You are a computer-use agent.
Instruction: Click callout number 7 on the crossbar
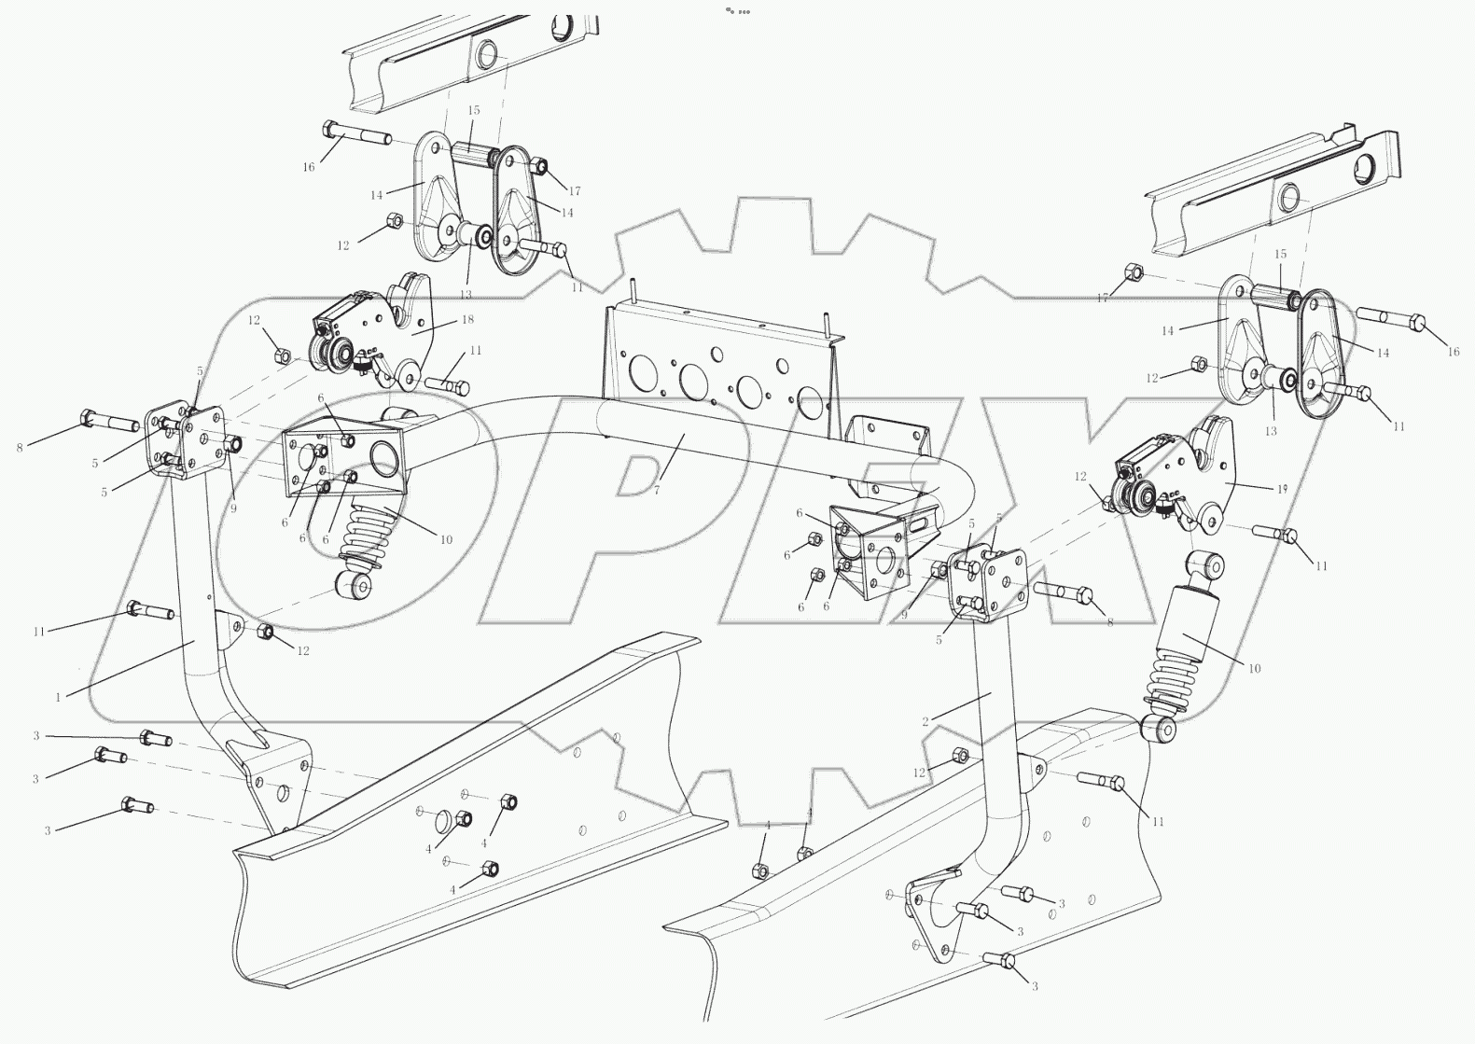[656, 489]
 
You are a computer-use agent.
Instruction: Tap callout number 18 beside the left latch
[467, 319]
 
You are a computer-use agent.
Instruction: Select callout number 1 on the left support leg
[58, 696]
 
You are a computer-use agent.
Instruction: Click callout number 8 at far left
[20, 448]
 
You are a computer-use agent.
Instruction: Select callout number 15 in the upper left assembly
[473, 111]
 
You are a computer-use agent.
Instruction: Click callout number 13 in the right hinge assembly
[1271, 431]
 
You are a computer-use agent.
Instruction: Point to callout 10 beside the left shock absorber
[445, 539]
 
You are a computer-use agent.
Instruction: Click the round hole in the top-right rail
[1289, 197]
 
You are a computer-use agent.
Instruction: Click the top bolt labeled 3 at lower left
[156, 739]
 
